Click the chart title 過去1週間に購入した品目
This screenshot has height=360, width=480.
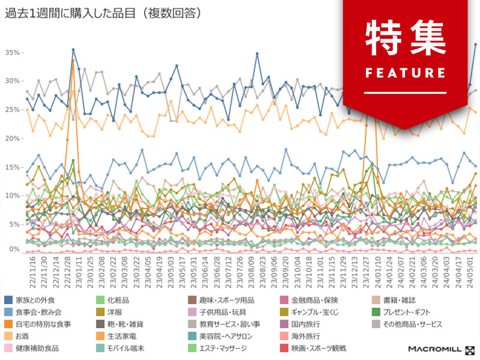click(x=72, y=13)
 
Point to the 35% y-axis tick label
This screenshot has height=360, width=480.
click(x=13, y=53)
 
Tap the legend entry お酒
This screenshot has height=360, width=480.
click(x=22, y=336)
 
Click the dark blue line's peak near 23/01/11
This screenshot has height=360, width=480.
click(x=73, y=50)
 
